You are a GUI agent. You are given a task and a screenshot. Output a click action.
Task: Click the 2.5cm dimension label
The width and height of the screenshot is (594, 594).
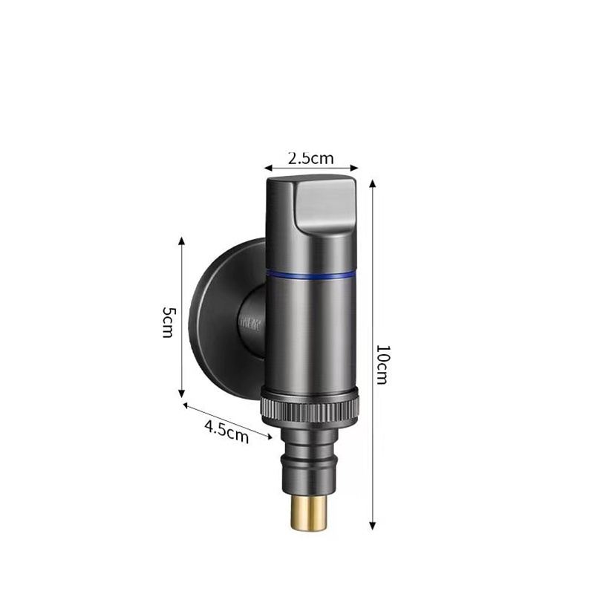click(310, 158)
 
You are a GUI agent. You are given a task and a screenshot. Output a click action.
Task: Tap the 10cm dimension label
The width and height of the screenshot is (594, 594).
click(382, 364)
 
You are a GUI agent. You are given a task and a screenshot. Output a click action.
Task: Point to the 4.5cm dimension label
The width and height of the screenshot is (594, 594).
click(226, 431)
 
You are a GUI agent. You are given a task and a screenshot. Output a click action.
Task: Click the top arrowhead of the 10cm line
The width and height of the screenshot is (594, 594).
click(373, 180)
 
